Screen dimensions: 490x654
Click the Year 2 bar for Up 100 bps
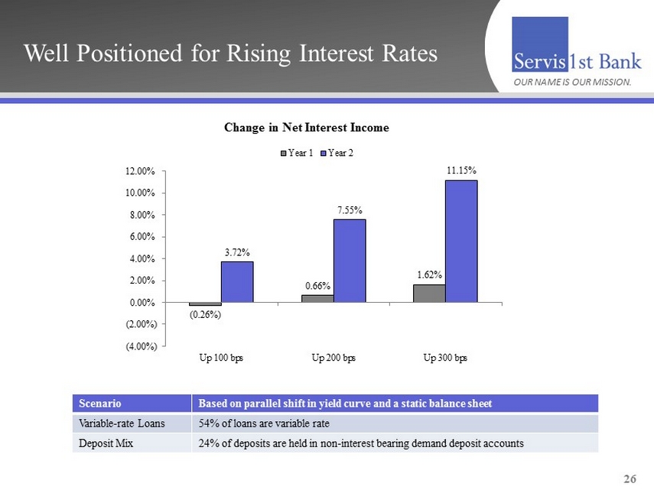237,282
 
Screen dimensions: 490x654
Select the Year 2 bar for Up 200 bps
349,261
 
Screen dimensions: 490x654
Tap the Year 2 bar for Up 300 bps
461,241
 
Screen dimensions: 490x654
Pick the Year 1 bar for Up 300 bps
429,294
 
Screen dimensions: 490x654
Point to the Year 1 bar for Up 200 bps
317,299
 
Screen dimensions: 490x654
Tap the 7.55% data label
349,209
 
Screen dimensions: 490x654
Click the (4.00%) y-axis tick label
142,347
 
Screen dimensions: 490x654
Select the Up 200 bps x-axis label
333,358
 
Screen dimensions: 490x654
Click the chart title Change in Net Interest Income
307,128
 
